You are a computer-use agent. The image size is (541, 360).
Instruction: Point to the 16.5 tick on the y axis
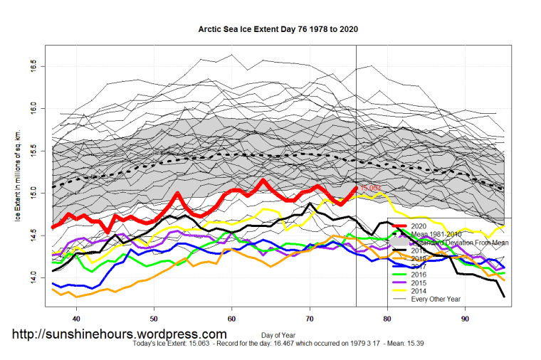coord(33,66)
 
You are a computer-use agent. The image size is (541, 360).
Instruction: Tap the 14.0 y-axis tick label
coord(33,276)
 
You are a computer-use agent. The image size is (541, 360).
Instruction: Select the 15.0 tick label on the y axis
coord(33,192)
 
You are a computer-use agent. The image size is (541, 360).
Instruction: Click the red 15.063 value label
coord(370,189)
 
